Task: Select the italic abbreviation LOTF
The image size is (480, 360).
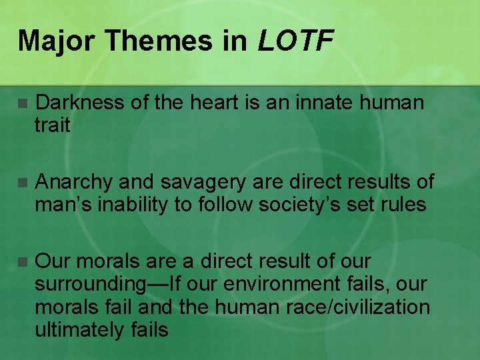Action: [x=295, y=41]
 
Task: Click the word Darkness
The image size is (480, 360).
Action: [x=79, y=103]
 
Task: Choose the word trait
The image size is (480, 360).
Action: [x=53, y=125]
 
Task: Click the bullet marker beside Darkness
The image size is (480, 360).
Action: [x=23, y=103]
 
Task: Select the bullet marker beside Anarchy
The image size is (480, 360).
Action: [x=23, y=182]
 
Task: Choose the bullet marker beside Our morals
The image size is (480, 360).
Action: [x=23, y=261]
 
